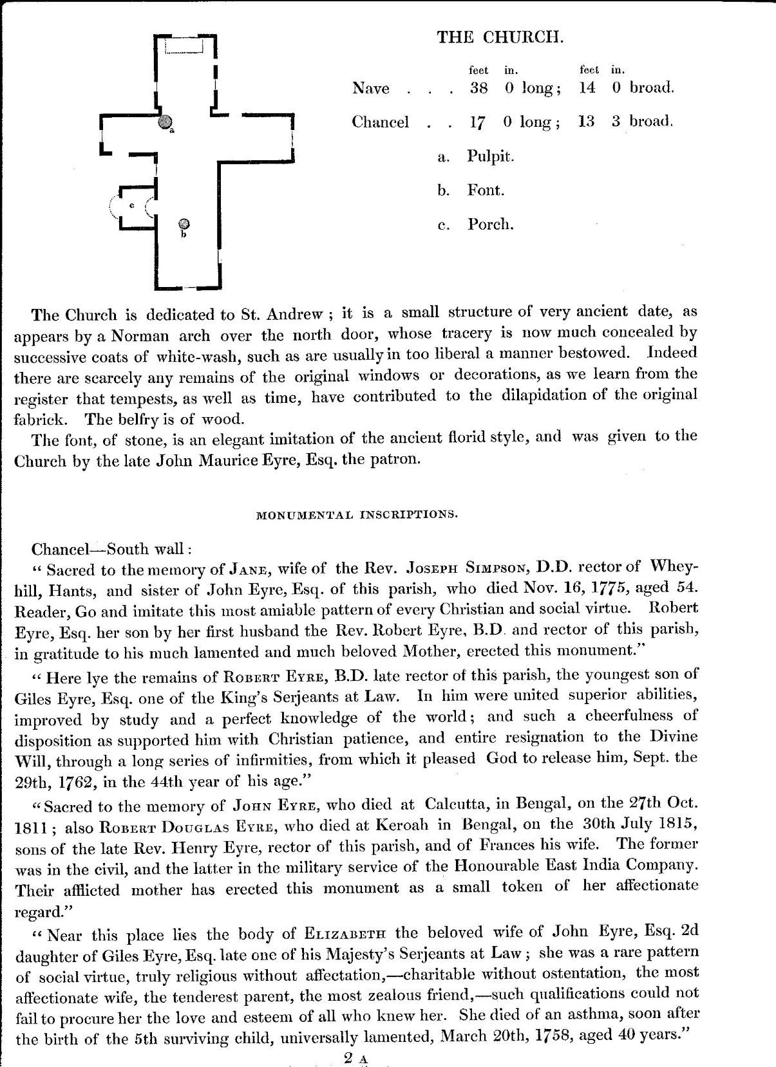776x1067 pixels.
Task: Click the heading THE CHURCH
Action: pyautogui.click(x=500, y=37)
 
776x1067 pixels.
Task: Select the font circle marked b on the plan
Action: pyautogui.click(x=184, y=224)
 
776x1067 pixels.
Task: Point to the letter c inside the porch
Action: pyautogui.click(x=132, y=205)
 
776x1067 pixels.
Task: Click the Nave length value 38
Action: pyautogui.click(x=478, y=88)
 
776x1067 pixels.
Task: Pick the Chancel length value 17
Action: pyautogui.click(x=477, y=122)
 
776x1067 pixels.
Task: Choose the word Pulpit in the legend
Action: pyautogui.click(x=490, y=156)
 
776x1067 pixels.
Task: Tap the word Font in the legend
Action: pyautogui.click(x=486, y=190)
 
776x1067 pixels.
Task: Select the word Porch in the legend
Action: pyautogui.click(x=490, y=225)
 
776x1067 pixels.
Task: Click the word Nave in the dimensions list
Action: pyautogui.click(x=370, y=88)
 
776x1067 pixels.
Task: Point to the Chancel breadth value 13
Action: pyautogui.click(x=586, y=122)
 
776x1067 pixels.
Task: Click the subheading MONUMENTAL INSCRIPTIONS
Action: pyautogui.click(x=357, y=514)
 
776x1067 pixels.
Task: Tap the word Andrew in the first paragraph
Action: pyautogui.click(x=291, y=314)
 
